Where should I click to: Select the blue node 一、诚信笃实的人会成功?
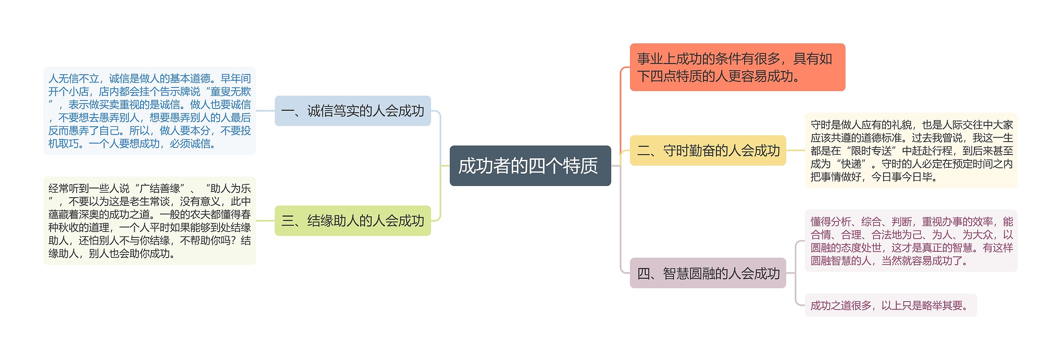point(353,111)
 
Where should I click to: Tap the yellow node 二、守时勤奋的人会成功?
point(707,150)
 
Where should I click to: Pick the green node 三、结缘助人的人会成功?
point(353,221)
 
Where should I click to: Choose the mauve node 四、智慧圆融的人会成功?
point(707,273)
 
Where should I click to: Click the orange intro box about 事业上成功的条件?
point(737,67)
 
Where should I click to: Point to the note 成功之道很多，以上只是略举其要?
point(890,305)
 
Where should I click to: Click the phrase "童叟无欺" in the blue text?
point(230,92)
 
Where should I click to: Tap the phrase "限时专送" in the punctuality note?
point(871,151)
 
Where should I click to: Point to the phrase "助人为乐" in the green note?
point(230,188)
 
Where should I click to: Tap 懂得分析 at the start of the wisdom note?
point(831,222)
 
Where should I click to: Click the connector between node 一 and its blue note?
point(265,111)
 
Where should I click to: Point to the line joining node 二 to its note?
point(795,150)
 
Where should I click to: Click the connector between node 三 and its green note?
point(265,221)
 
